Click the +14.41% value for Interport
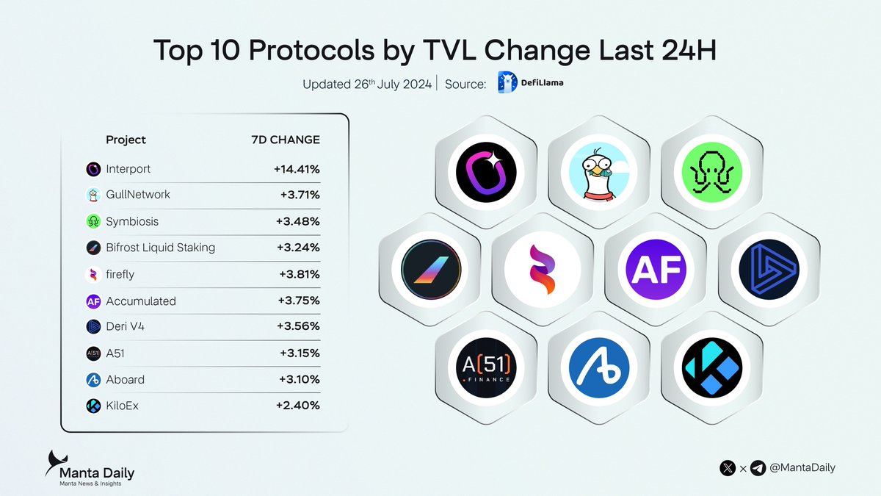297,169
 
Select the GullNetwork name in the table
138,195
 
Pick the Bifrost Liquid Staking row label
160,248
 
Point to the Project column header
126,140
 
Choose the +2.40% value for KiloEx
297,405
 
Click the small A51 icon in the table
93,353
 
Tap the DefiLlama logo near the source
530,84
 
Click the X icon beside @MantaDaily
728,467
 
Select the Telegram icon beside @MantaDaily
758,467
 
